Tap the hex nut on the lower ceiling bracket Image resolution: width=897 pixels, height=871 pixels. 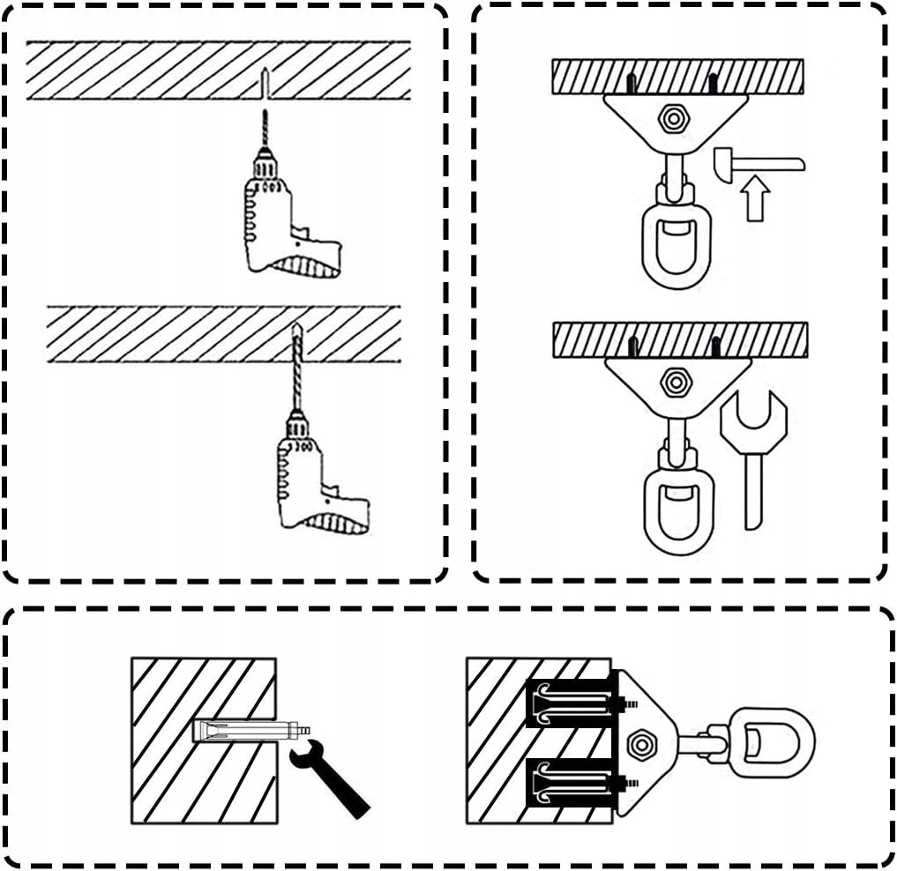(675, 382)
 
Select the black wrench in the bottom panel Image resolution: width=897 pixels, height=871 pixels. (331, 776)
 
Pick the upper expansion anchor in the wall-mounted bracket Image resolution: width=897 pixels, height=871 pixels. (573, 703)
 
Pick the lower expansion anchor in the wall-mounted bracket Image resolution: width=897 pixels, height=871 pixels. (573, 783)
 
